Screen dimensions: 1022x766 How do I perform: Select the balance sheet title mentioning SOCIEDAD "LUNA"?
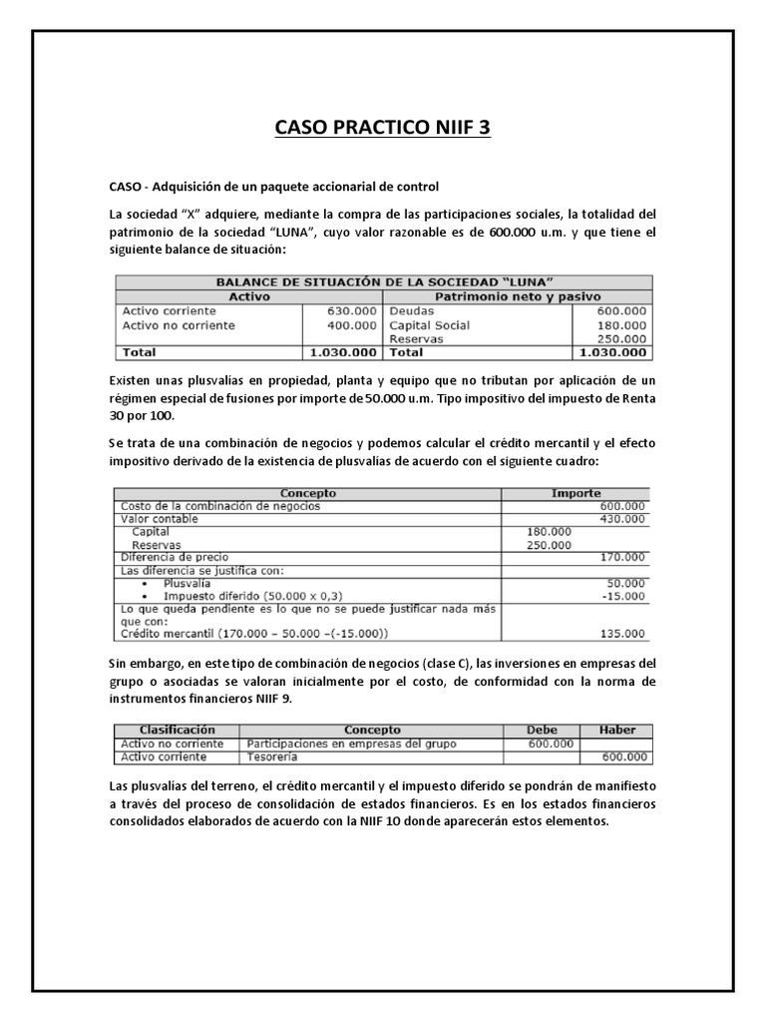[384, 282]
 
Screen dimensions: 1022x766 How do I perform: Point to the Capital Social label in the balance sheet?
[429, 324]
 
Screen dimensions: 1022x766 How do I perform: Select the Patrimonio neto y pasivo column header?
[518, 296]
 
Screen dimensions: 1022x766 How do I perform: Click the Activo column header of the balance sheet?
[249, 296]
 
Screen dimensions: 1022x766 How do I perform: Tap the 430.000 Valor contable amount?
[621, 519]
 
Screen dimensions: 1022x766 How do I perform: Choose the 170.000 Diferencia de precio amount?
[621, 557]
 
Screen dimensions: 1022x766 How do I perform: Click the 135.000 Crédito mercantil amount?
[621, 633]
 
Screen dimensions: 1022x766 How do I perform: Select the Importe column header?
[575, 493]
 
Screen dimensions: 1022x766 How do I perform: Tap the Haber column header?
[614, 730]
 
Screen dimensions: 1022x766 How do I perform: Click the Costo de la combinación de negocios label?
[220, 506]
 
